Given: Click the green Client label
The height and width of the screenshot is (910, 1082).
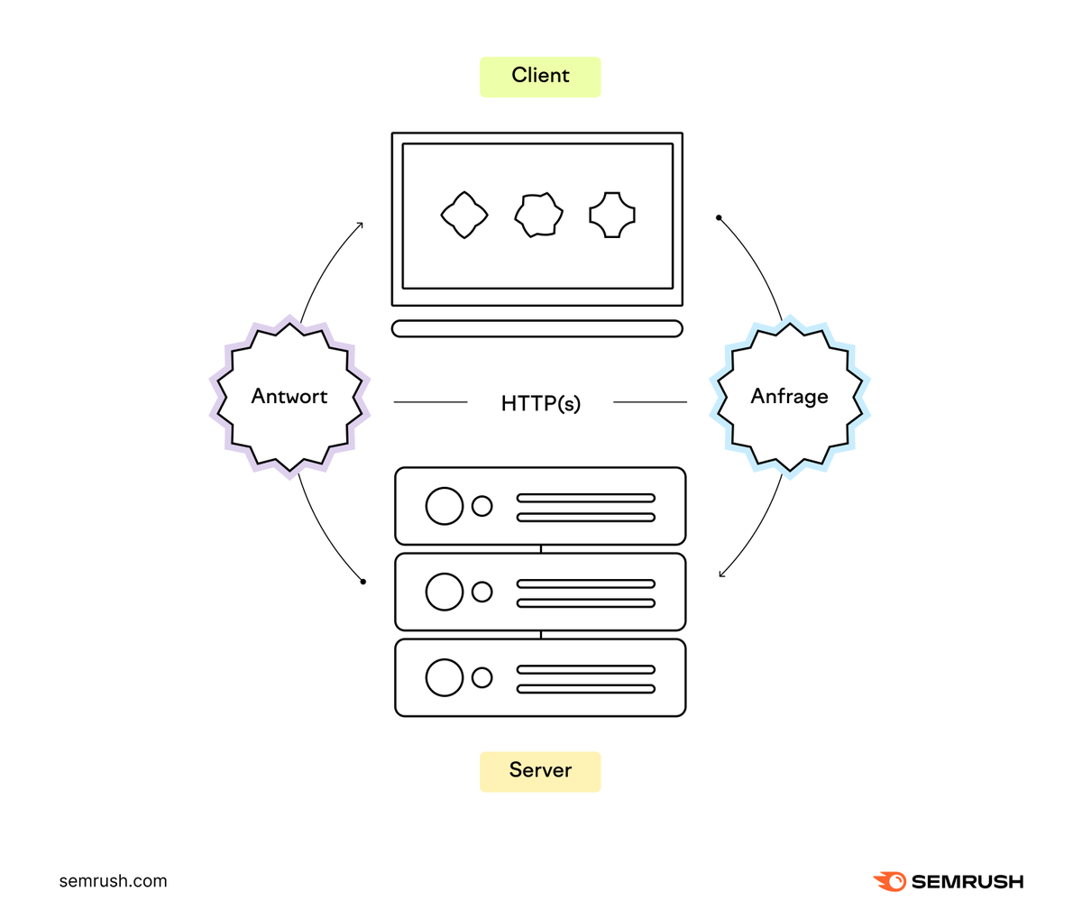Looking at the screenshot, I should coord(540,77).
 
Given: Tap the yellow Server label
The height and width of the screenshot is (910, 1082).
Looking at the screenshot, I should coord(540,771).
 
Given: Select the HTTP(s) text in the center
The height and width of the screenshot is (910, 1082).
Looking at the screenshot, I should coord(540,403).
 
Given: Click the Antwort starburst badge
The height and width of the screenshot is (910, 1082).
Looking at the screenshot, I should coord(289,397).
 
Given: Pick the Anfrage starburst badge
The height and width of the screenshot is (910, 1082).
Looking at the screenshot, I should coord(790,397).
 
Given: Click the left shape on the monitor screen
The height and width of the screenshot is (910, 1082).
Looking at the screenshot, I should coord(464,215).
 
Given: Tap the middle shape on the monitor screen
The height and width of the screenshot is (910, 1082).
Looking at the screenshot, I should coord(538,215).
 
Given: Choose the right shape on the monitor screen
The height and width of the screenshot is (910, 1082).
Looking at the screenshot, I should coord(612,215).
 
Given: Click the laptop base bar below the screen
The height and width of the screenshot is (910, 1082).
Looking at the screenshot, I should coord(537,328).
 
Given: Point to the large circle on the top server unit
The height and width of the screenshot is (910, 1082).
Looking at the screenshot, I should coord(445,506).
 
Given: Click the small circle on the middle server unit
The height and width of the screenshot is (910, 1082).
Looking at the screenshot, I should coord(482,592).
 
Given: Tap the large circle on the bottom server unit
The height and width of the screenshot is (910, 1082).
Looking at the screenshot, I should coord(445,677).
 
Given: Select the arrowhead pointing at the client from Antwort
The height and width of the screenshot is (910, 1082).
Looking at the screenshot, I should coord(361,224).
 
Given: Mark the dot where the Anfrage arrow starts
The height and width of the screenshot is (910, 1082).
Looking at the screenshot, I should coord(719,218).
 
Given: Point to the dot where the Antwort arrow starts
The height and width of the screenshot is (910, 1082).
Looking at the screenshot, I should coord(363,582).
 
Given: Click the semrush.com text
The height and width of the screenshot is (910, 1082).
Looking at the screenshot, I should coord(113,881).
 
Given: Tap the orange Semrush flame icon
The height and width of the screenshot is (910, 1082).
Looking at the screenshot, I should coord(890,881).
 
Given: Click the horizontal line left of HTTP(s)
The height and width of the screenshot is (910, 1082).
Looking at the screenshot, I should coord(430,402).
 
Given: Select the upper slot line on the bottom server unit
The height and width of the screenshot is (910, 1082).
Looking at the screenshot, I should coord(585,670).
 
